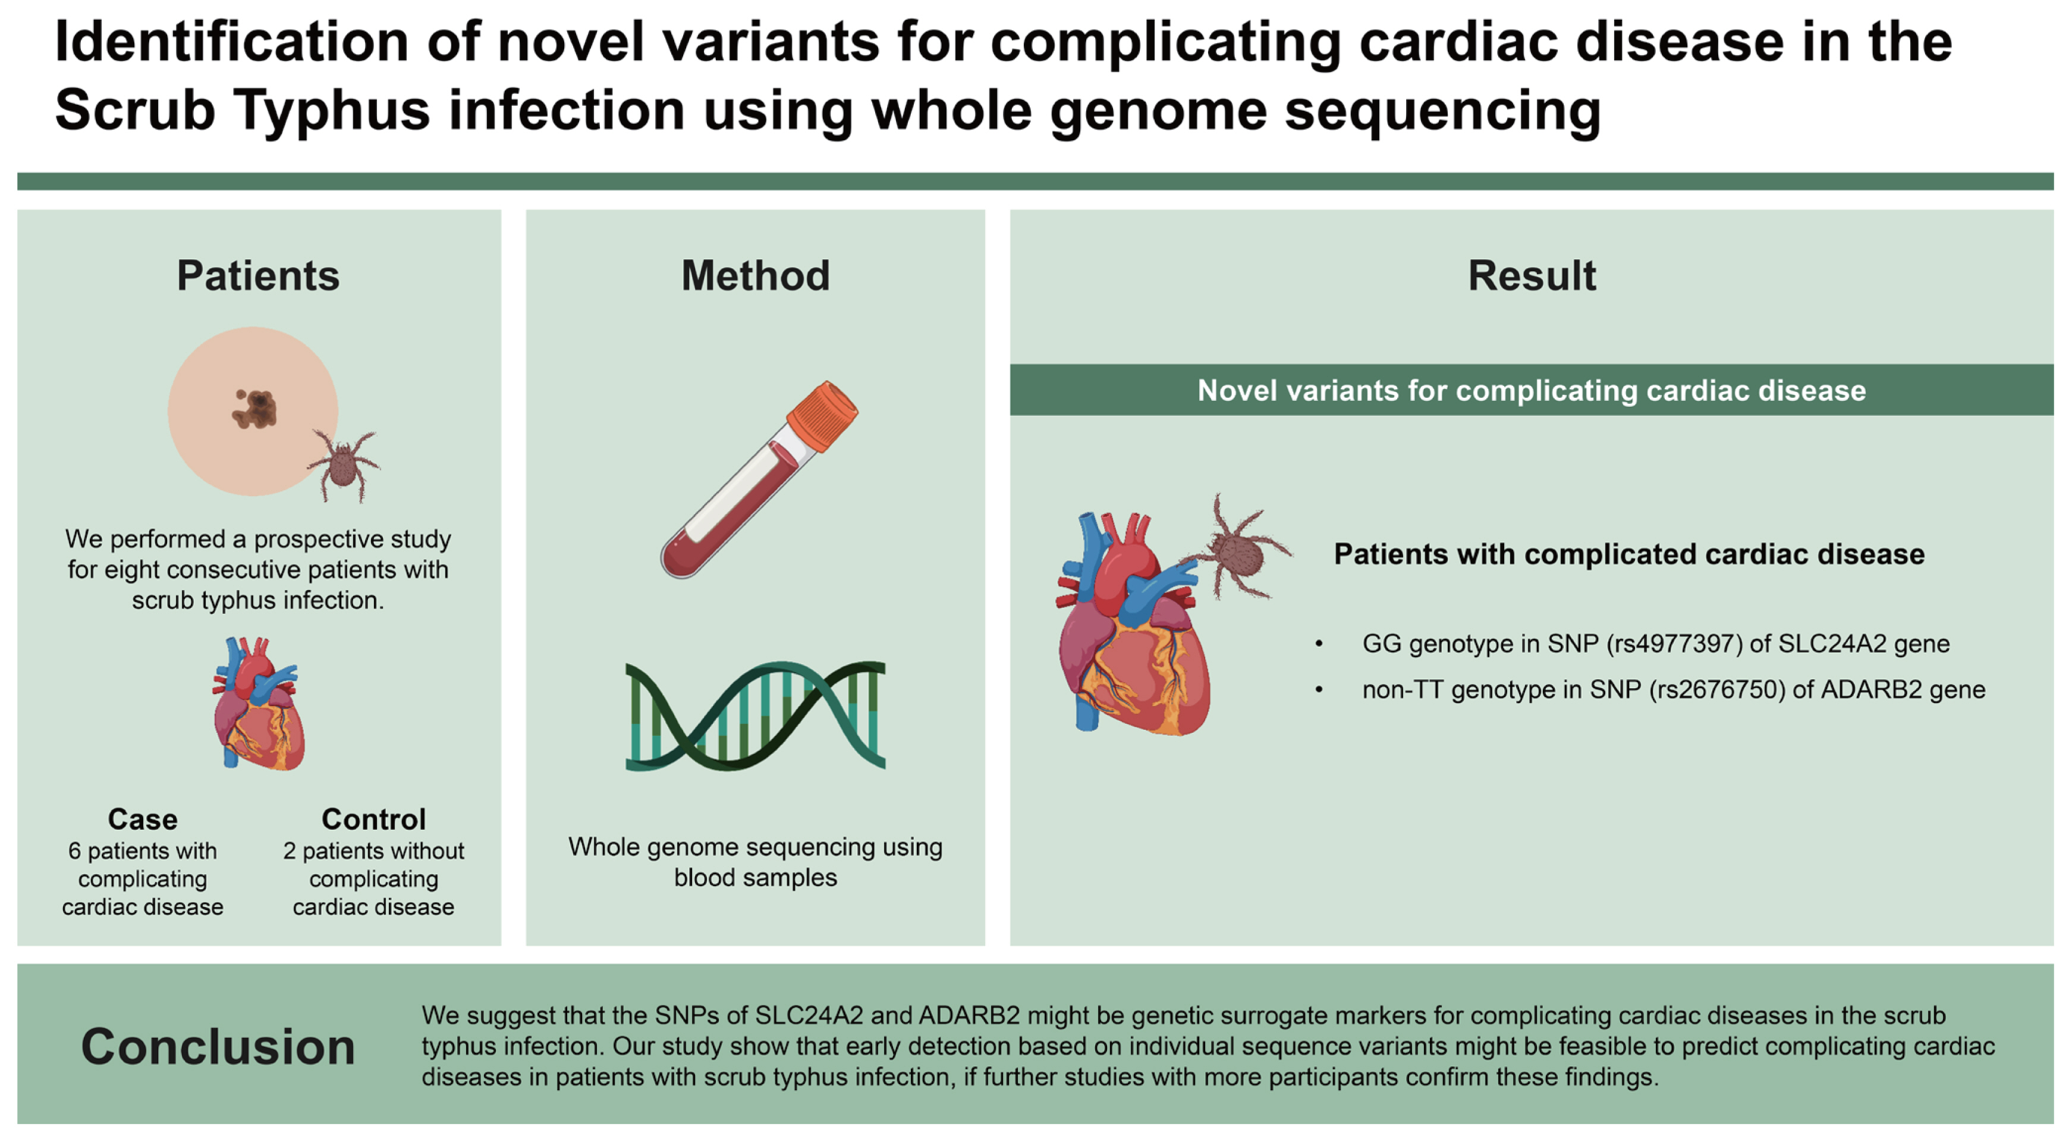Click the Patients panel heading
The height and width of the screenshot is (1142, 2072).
(x=257, y=276)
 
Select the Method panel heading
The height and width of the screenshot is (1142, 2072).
(x=755, y=276)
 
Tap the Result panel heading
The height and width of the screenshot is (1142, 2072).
(x=1532, y=276)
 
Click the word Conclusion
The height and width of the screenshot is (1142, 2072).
(x=218, y=1046)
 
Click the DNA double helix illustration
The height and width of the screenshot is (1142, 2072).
(x=755, y=716)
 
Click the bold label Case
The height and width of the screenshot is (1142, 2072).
(x=142, y=819)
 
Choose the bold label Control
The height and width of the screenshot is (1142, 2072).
(x=373, y=819)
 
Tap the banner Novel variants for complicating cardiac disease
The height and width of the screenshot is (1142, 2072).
(x=1532, y=390)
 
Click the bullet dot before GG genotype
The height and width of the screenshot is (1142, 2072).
(x=1319, y=644)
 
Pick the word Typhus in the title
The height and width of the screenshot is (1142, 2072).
(x=332, y=110)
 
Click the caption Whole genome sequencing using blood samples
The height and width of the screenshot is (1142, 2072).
(x=755, y=862)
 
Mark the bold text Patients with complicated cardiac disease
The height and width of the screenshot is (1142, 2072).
(x=1629, y=554)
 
